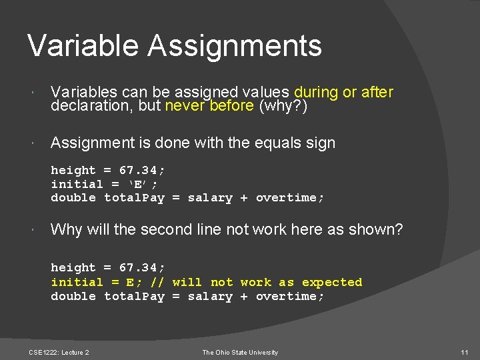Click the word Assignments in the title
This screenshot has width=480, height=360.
point(235,47)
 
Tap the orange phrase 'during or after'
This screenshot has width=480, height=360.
point(343,92)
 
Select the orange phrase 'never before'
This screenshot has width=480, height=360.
point(209,105)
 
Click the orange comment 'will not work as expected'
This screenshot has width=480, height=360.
point(267,282)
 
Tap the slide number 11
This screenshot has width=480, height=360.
point(464,352)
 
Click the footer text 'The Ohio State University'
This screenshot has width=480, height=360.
point(240,352)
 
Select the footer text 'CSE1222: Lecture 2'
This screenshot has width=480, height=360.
point(59,352)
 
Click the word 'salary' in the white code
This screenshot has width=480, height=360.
point(210,198)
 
